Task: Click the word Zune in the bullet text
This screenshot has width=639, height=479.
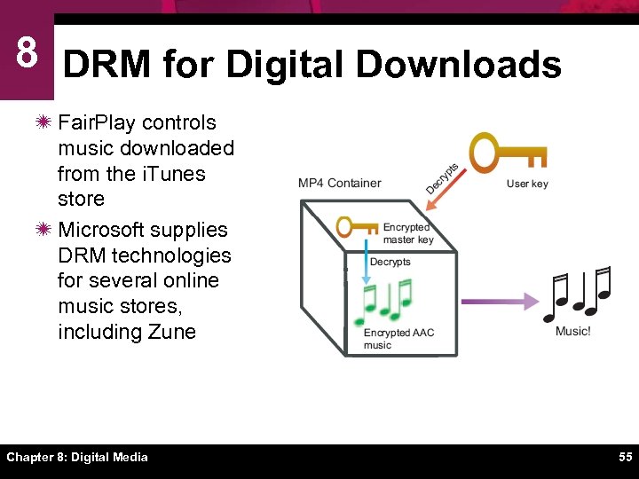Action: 172,332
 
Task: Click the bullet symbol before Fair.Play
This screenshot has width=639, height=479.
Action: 43,122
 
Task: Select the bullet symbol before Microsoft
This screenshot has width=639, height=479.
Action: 43,230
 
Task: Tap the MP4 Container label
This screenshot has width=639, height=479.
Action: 339,184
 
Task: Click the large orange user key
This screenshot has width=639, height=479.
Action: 506,153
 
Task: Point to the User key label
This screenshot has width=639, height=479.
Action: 527,184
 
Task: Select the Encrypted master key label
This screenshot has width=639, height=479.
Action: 407,233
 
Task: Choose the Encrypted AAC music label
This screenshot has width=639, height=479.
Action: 398,339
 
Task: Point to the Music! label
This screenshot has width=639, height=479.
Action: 572,331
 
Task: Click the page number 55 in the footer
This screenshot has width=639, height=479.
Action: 626,457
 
